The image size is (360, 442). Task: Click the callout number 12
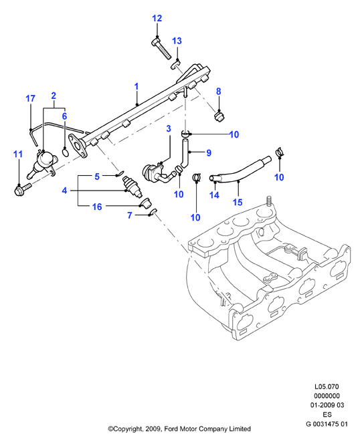point(157,18)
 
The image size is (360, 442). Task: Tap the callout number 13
point(177,41)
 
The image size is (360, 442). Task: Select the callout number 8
point(219,91)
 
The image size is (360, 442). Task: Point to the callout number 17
point(31,98)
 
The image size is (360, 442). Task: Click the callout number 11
point(18,154)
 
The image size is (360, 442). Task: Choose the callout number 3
point(169,128)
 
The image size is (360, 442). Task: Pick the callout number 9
point(209,152)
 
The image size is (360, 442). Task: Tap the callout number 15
point(238,202)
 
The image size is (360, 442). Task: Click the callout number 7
point(130,215)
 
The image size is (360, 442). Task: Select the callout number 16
point(97,207)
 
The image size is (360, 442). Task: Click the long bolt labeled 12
point(161,49)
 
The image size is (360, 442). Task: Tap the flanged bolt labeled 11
point(22,189)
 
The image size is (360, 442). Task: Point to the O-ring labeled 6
point(65,152)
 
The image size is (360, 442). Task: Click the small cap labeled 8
point(218,117)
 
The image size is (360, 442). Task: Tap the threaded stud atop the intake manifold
point(268,202)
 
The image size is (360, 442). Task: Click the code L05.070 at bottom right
point(327,386)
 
